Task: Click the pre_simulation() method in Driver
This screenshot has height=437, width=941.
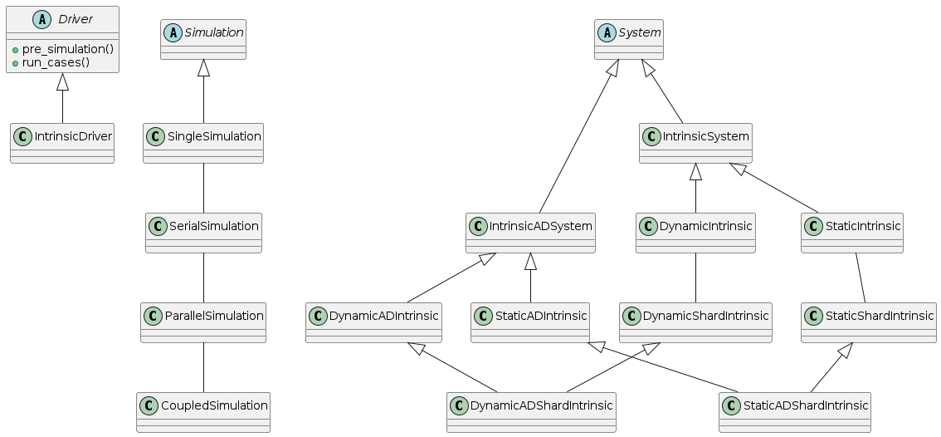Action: point(67,49)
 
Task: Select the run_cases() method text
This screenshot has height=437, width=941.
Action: point(56,62)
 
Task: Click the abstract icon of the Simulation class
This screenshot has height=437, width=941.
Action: point(173,33)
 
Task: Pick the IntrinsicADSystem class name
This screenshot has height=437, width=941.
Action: point(539,225)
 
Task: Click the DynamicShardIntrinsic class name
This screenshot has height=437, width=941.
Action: point(705,315)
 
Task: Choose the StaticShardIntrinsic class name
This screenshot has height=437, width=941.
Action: point(878,315)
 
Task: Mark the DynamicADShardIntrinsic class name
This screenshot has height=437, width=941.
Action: point(540,405)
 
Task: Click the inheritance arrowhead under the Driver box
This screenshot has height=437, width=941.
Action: point(62,81)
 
